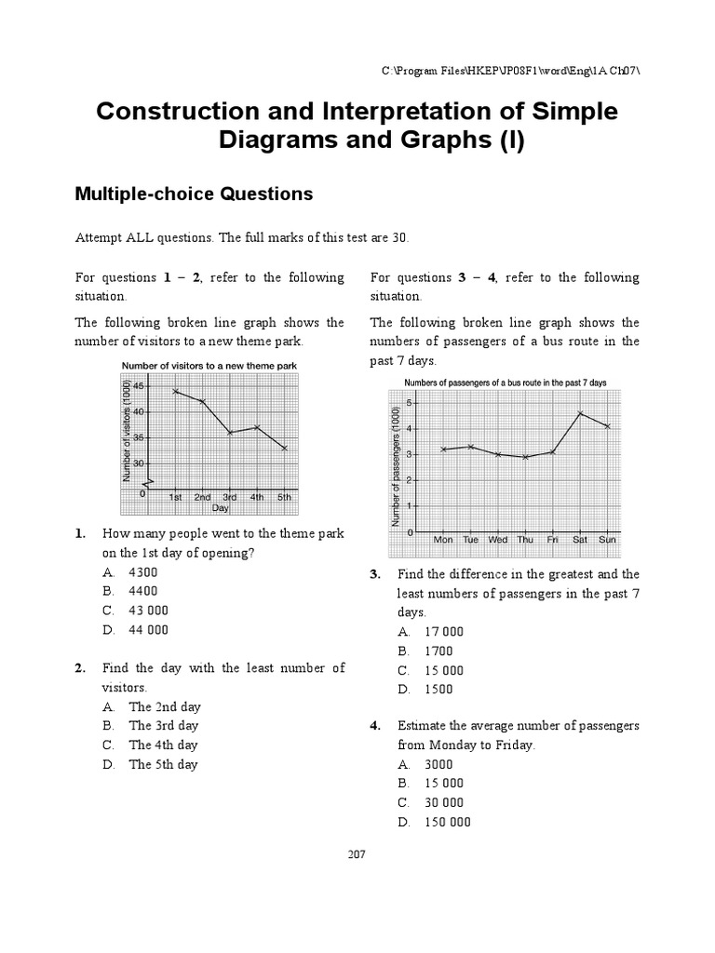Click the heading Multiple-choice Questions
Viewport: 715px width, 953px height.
(x=194, y=194)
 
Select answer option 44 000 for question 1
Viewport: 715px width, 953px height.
(x=148, y=629)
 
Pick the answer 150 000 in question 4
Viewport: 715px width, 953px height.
(x=447, y=822)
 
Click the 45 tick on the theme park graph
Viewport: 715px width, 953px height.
(x=139, y=385)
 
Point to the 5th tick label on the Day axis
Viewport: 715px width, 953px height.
(x=284, y=497)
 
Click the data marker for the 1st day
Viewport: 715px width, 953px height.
(x=175, y=391)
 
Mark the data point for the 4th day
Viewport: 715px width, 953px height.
(x=257, y=427)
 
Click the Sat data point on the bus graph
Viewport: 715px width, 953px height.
(x=580, y=413)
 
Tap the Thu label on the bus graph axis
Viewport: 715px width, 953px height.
(x=525, y=539)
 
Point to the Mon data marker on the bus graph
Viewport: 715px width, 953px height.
(x=443, y=450)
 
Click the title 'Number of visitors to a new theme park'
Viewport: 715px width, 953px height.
(x=209, y=366)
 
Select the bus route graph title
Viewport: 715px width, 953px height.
(x=505, y=383)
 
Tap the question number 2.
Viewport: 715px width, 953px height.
(x=81, y=667)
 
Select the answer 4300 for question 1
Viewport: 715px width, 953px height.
(x=143, y=571)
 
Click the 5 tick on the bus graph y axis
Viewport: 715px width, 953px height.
(x=408, y=403)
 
